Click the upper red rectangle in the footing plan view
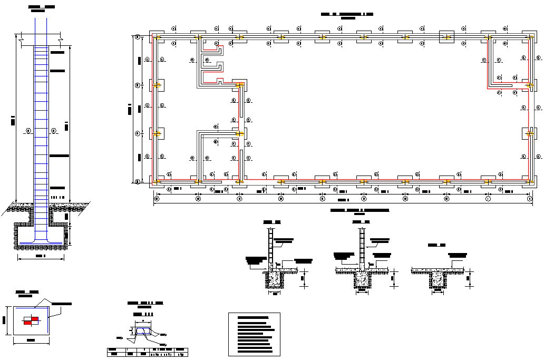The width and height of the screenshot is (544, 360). [x=35, y=318]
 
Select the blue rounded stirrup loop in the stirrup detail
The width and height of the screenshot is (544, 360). [x=142, y=331]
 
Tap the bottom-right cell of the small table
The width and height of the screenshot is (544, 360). [x=181, y=354]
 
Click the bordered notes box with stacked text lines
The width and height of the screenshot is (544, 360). [x=254, y=334]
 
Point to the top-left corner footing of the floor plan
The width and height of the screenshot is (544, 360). [x=157, y=37]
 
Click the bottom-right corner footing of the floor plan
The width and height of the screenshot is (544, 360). [x=529, y=182]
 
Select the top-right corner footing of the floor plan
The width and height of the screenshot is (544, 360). [x=529, y=37]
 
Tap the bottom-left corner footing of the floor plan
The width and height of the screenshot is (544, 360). [x=157, y=182]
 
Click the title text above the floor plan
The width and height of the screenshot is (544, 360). [x=347, y=15]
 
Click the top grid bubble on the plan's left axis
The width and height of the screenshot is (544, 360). [x=138, y=37]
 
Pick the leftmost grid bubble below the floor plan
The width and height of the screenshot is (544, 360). [x=156, y=199]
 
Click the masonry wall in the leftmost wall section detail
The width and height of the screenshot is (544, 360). [x=271, y=248]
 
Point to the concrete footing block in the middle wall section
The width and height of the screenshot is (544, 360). [x=362, y=279]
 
